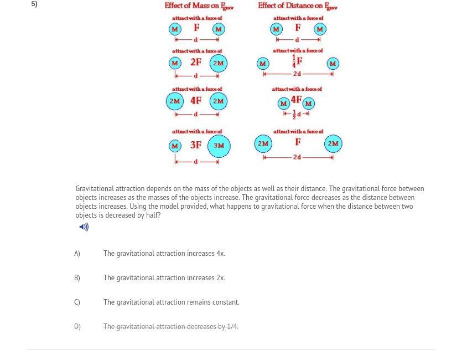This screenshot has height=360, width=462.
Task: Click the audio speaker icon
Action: pos(84,227)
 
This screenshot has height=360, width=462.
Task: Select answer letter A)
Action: pos(77,254)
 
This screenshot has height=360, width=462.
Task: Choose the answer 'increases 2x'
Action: pos(164,278)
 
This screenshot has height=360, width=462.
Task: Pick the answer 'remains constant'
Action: pos(171,302)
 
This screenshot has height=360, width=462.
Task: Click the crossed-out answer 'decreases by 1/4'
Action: pos(170,327)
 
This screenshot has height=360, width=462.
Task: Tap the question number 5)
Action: pos(34,4)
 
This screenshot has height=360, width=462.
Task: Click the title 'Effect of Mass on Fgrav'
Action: pos(199,6)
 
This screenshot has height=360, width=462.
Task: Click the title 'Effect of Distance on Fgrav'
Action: pos(297,6)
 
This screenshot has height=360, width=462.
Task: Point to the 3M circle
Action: pos(219,146)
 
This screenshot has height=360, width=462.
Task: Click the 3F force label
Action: pos(196,145)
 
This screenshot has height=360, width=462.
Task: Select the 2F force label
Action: pos(196,63)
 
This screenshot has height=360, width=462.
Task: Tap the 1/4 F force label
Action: pos(297,61)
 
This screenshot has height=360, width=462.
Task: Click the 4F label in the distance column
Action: pos(296,100)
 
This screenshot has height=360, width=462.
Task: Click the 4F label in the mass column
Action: pos(196,101)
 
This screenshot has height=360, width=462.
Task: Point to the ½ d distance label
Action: pos(297,115)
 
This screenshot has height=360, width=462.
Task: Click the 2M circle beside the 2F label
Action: pos(219,63)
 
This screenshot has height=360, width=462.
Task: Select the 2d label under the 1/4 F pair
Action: pos(297,74)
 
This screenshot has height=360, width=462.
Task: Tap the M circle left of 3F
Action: pos(175,146)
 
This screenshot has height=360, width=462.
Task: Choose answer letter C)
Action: pos(77,302)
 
